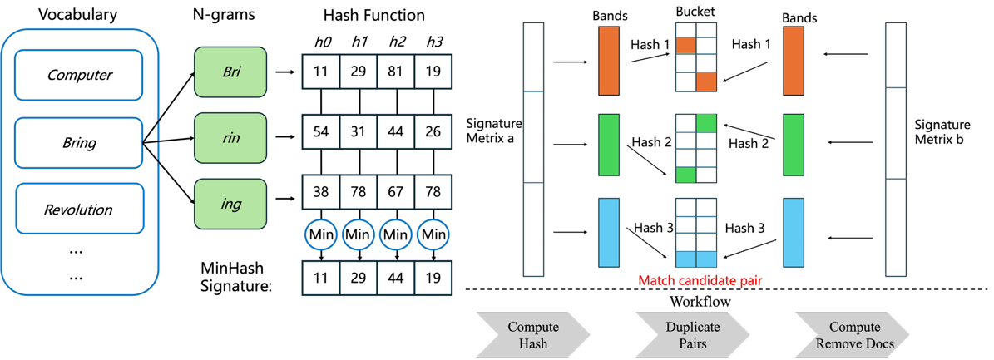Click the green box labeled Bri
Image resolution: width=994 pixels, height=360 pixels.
[230, 72]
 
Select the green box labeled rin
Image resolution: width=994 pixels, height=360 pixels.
[230, 137]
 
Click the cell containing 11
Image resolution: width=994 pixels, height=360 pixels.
[320, 72]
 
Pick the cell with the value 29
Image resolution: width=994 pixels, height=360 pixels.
[358, 72]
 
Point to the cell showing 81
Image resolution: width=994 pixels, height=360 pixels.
[395, 72]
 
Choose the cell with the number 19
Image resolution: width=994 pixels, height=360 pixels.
[433, 72]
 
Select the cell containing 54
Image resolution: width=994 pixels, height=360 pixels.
[320, 132]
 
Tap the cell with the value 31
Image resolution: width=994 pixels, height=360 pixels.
[358, 132]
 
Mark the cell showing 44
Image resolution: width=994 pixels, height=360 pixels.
[395, 132]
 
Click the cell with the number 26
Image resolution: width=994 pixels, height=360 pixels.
[433, 132]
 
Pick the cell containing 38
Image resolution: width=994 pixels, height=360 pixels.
[320, 192]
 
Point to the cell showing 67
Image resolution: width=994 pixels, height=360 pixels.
[395, 192]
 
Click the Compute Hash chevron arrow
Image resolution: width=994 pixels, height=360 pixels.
[533, 335]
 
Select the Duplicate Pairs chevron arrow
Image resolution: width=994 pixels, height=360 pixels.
[693, 335]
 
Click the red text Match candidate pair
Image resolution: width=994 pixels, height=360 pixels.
[700, 281]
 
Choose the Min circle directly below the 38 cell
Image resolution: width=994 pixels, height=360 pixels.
[320, 235]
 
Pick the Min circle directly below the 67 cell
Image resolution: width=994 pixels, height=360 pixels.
[395, 235]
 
